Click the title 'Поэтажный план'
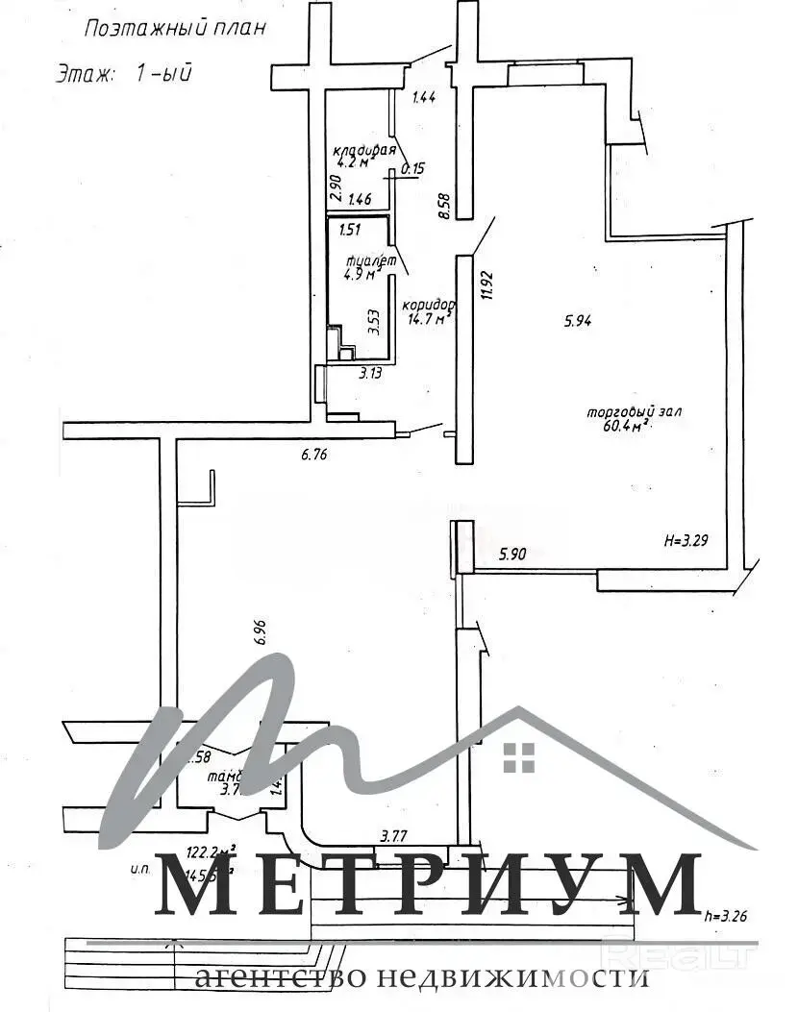click(x=174, y=28)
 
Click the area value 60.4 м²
click(x=626, y=430)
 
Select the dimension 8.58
click(x=443, y=207)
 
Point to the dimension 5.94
click(x=577, y=322)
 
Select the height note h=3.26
click(x=724, y=916)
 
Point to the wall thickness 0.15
click(x=412, y=169)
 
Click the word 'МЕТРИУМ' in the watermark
click(x=427, y=883)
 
